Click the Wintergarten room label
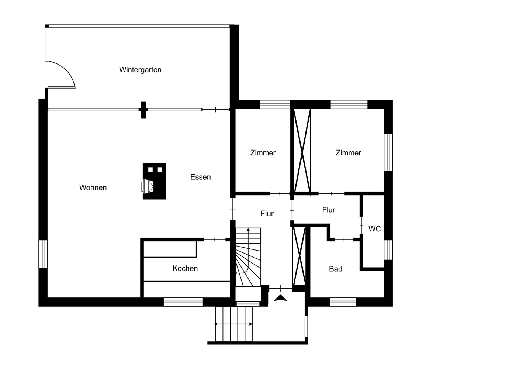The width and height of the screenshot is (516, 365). click(140, 70)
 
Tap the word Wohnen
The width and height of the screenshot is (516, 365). click(93, 187)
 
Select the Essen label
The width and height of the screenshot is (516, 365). click(200, 177)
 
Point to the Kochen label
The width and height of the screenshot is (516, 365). click(185, 268)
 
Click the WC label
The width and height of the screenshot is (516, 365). click(375, 229)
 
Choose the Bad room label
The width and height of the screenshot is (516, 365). click(335, 269)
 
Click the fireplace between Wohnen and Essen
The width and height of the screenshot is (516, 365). click(154, 181)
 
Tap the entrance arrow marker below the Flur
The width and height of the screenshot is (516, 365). click(280, 297)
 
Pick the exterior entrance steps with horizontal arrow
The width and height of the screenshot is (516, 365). click(234, 324)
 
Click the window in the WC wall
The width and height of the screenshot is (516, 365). click(388, 250)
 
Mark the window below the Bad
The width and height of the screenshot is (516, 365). click(343, 302)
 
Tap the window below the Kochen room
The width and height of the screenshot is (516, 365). click(183, 302)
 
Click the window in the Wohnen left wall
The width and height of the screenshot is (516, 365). click(43, 254)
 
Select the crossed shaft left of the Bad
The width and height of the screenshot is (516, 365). click(299, 256)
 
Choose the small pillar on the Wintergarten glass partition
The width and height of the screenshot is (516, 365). click(143, 110)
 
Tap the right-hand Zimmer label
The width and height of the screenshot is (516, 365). click(348, 152)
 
